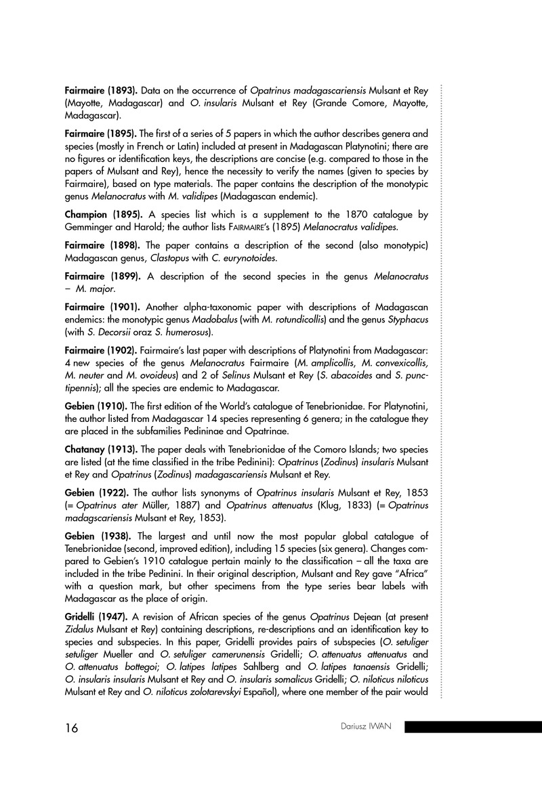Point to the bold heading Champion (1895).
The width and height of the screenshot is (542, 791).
(x=102, y=215)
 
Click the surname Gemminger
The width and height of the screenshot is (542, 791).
(x=95, y=228)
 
